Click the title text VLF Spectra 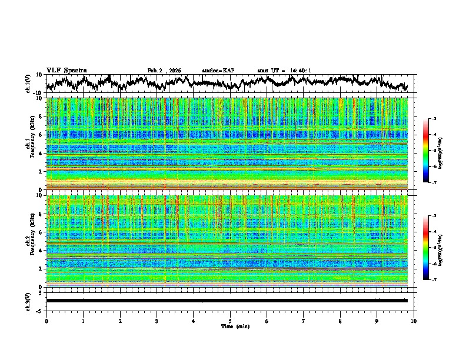pyautogui.click(x=66, y=70)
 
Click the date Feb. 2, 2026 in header pyautogui.click(x=164, y=71)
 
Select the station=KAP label pyautogui.click(x=218, y=71)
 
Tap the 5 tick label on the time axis pyautogui.click(x=231, y=321)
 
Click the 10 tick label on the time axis pyautogui.click(x=414, y=321)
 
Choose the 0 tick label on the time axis pyautogui.click(x=46, y=321)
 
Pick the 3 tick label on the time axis pyautogui.click(x=157, y=321)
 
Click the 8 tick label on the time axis pyautogui.click(x=341, y=321)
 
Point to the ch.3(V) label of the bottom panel pyautogui.click(x=28, y=301)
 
